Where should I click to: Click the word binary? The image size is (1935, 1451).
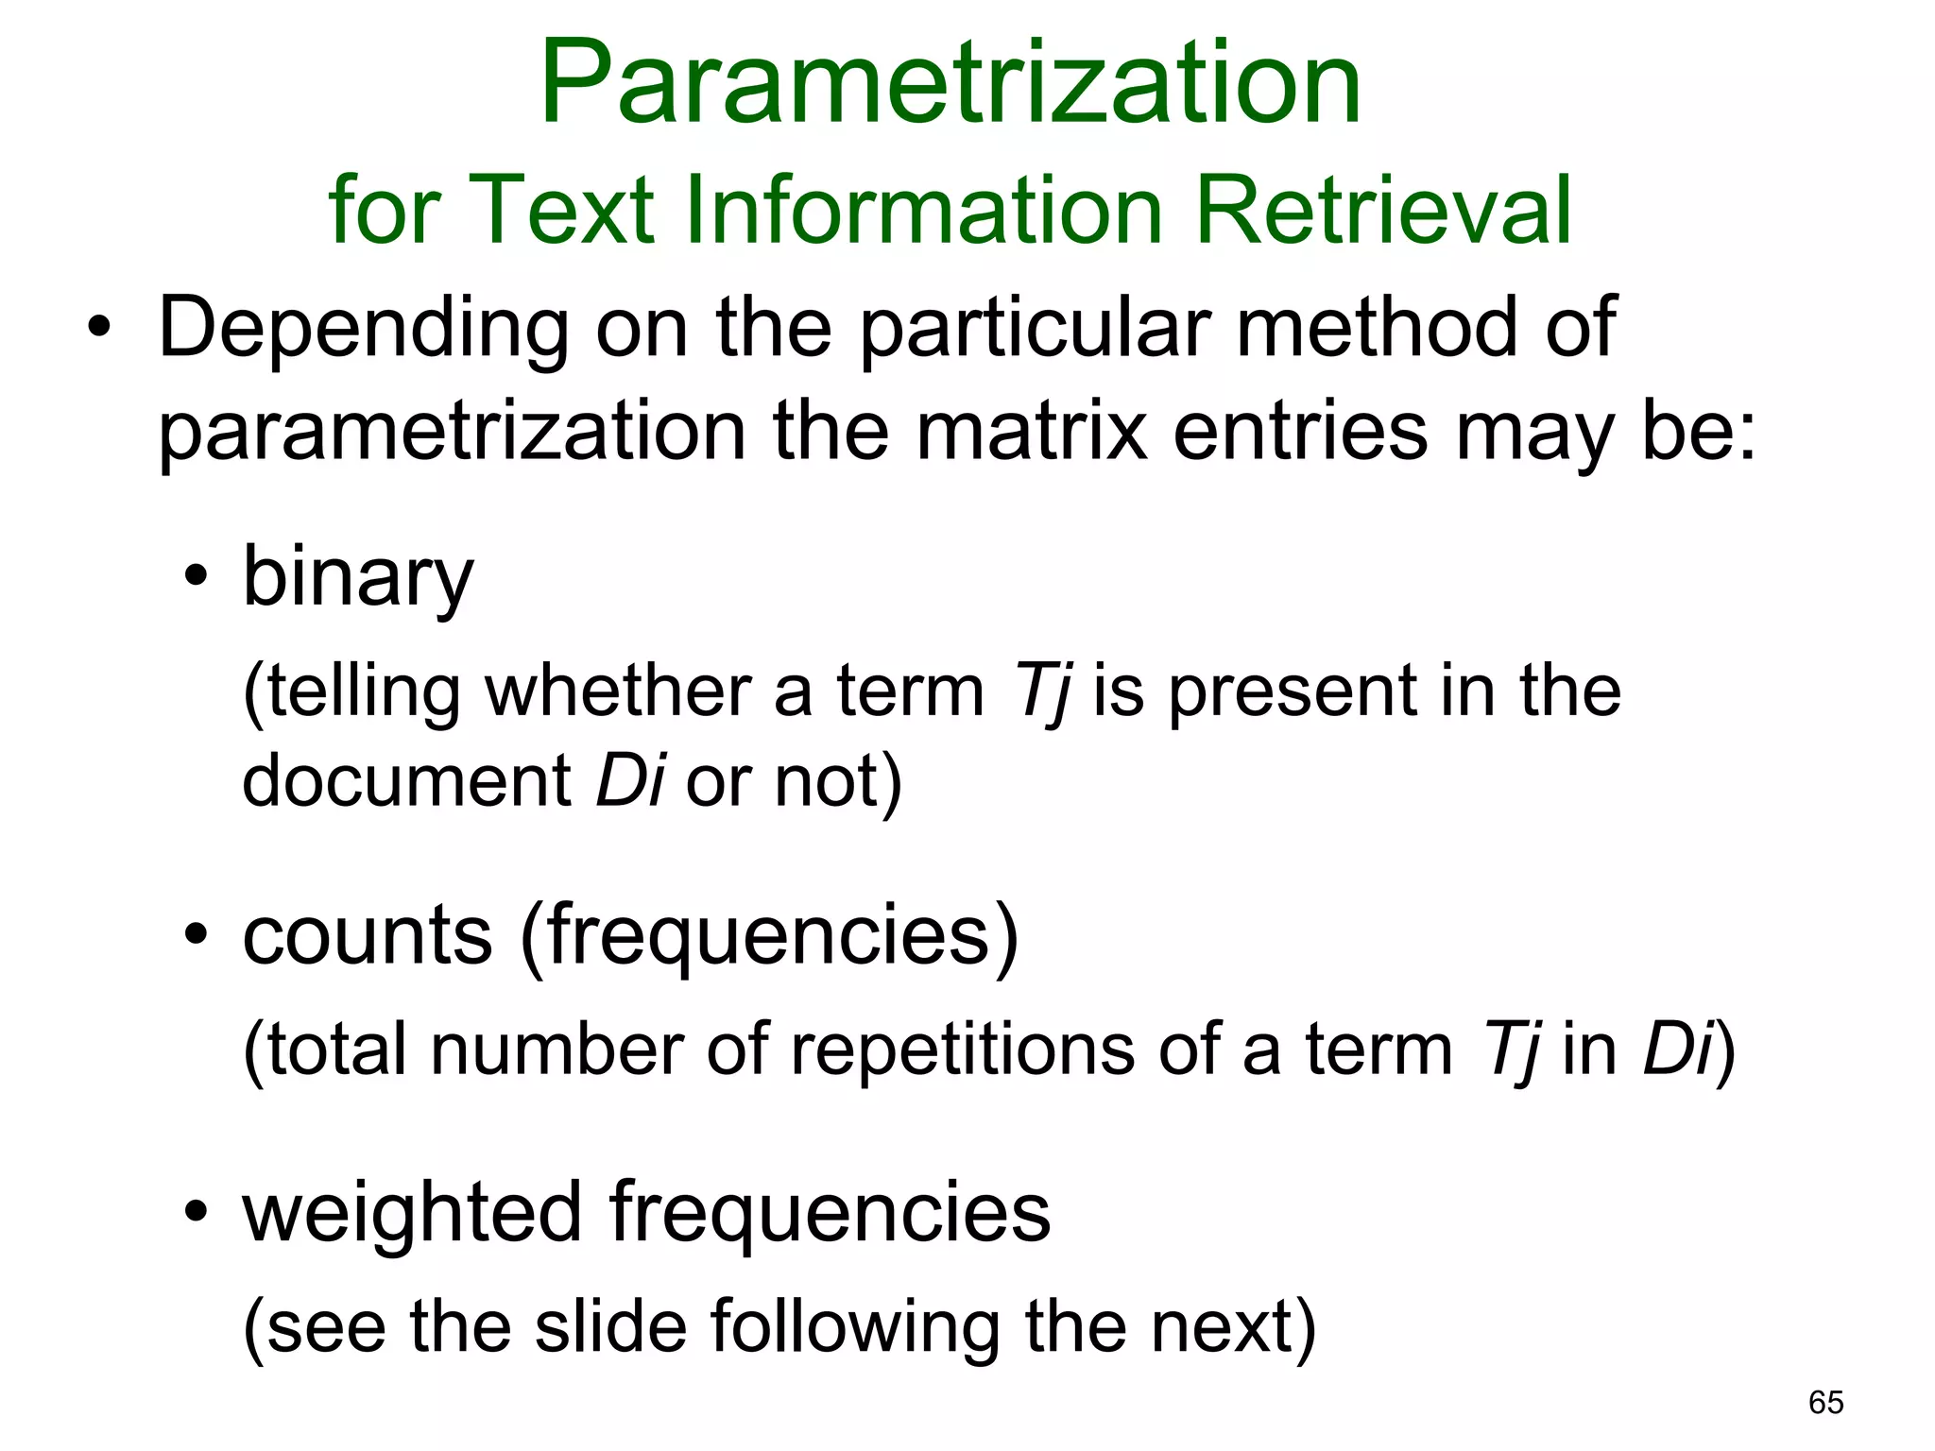(x=357, y=578)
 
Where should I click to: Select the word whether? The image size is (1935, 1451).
(x=619, y=691)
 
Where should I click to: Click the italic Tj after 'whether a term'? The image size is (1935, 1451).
(x=1043, y=692)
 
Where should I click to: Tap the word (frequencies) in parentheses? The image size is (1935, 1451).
(x=769, y=935)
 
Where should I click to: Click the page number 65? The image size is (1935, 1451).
(x=1825, y=1403)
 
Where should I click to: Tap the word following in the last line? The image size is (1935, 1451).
(x=854, y=1327)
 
